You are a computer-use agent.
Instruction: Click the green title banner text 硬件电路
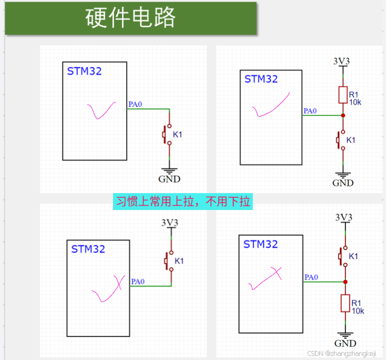(x=130, y=17)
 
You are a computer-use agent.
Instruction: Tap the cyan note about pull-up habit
(x=183, y=202)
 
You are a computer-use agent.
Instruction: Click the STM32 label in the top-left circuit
(x=85, y=71)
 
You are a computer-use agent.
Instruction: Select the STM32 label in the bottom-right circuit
(x=260, y=244)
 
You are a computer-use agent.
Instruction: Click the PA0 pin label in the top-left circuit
(x=135, y=104)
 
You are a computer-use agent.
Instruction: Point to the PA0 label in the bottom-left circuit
(x=138, y=282)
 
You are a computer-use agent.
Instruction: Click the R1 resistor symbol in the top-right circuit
(x=343, y=95)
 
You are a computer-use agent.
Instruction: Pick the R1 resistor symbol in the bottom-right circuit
(x=346, y=303)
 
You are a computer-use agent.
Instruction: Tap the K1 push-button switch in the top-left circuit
(x=167, y=135)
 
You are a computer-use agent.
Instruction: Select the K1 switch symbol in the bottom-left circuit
(x=169, y=261)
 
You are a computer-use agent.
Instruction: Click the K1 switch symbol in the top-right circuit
(x=341, y=140)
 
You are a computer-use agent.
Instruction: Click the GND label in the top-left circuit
(x=169, y=179)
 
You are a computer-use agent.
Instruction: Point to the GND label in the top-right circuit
(x=343, y=183)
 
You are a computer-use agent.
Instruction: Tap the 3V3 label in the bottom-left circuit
(x=170, y=223)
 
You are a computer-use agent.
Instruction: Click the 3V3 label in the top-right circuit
(x=342, y=61)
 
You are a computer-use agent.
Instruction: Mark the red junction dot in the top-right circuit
(x=343, y=115)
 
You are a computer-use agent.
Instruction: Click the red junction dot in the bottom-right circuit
(x=346, y=282)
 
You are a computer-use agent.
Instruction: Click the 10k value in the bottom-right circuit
(x=358, y=311)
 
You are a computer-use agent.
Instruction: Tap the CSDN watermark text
(x=342, y=353)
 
